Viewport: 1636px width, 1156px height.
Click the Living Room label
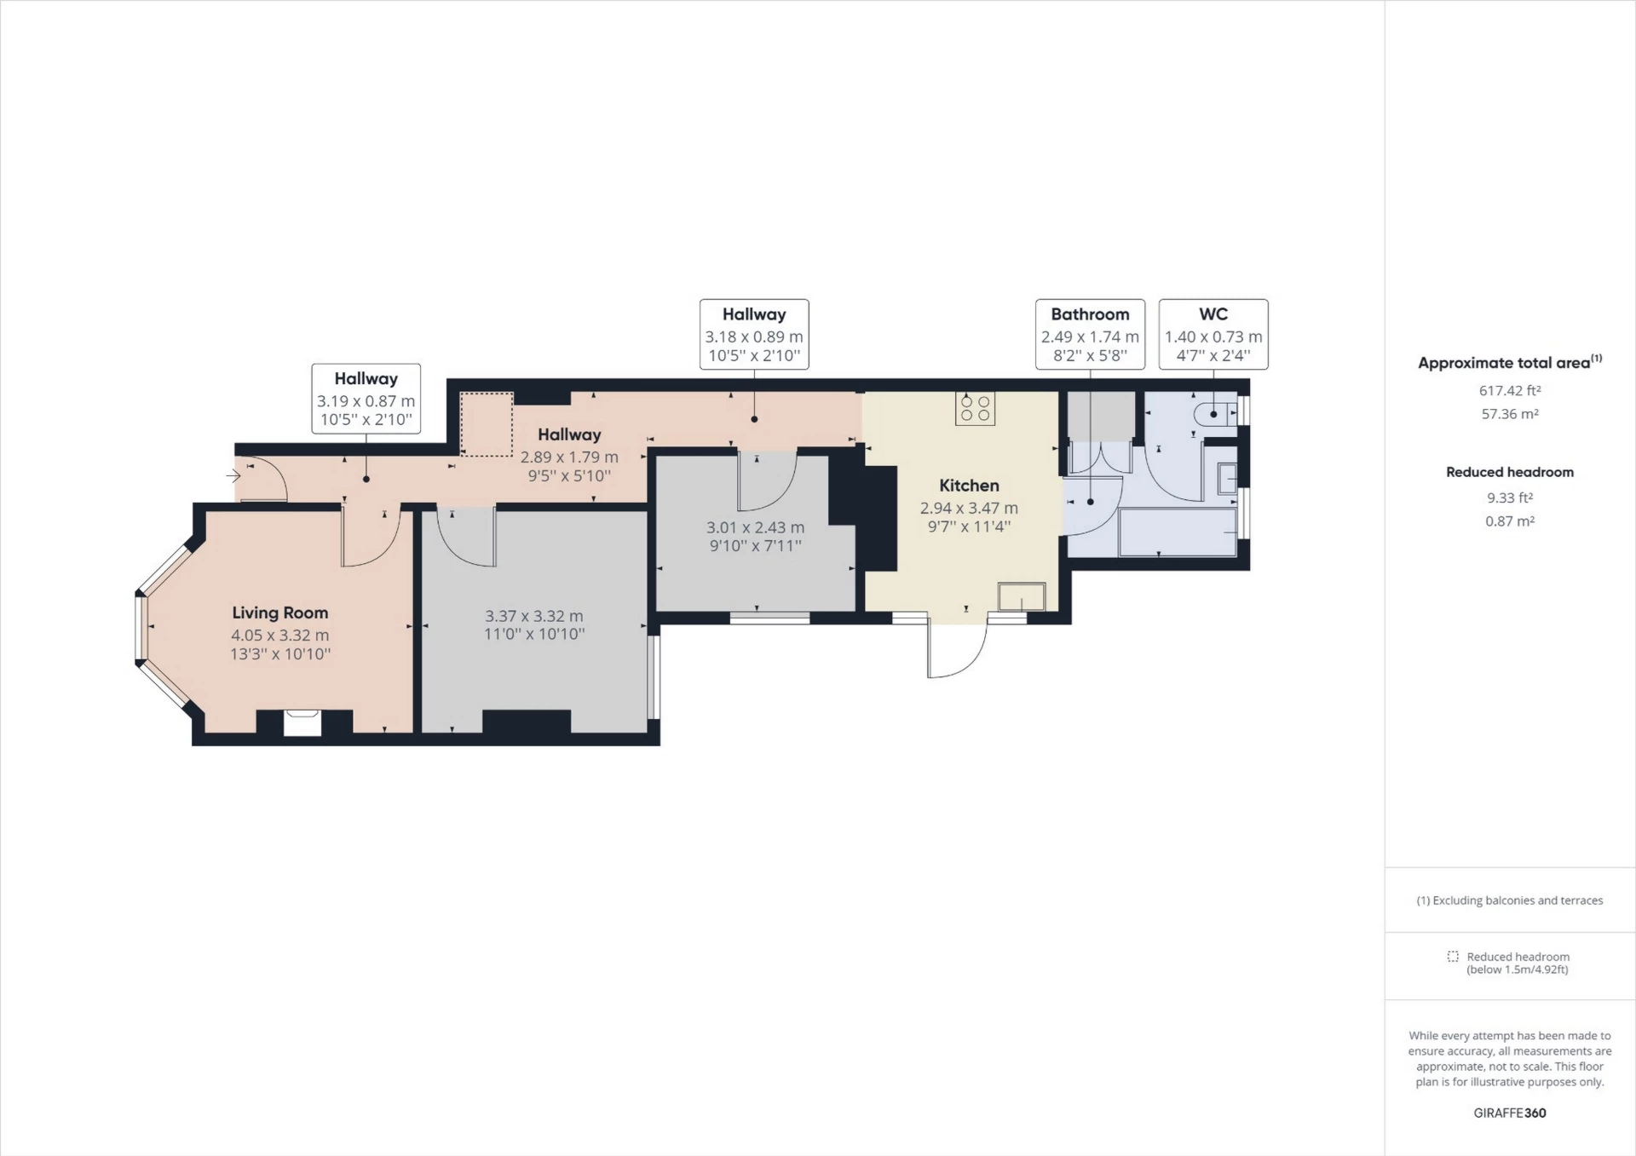pyautogui.click(x=279, y=613)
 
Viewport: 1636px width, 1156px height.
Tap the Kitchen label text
pyautogui.click(x=969, y=486)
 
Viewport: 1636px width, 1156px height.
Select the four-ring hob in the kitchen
pyautogui.click(x=975, y=408)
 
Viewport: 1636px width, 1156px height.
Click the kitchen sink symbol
pyautogui.click(x=1022, y=596)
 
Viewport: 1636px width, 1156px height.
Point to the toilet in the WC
pyautogui.click(x=1214, y=414)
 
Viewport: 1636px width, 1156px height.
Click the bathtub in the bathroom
pyautogui.click(x=1177, y=532)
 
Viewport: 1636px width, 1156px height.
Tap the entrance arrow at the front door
pyautogui.click(x=233, y=476)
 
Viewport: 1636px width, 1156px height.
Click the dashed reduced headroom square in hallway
pyautogui.click(x=487, y=423)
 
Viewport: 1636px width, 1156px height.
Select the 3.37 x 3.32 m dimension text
pyautogui.click(x=534, y=616)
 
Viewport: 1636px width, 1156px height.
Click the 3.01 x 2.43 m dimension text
pyautogui.click(x=755, y=527)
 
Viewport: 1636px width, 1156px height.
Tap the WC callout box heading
pyautogui.click(x=1213, y=314)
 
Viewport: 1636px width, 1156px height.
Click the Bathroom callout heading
pyautogui.click(x=1090, y=314)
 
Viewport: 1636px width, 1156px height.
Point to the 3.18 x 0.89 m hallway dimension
pyautogui.click(x=754, y=336)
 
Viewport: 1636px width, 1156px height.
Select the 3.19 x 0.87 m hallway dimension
pyautogui.click(x=366, y=401)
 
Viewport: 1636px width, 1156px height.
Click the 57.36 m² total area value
pyautogui.click(x=1509, y=414)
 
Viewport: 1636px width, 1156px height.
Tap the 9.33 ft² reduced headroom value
pyautogui.click(x=1509, y=497)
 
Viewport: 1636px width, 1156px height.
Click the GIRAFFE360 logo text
pyautogui.click(x=1509, y=1113)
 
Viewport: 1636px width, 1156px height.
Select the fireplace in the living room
pyautogui.click(x=302, y=722)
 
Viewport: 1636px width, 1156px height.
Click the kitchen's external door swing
pyautogui.click(x=957, y=652)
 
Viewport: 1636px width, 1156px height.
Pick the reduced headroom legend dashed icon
pyautogui.click(x=1453, y=957)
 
